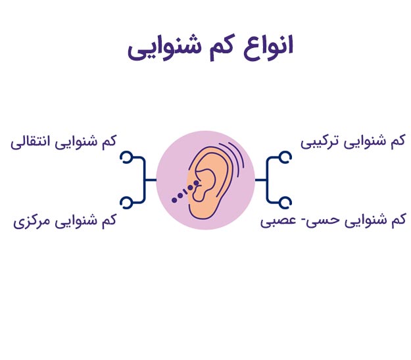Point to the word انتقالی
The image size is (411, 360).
(x=30, y=142)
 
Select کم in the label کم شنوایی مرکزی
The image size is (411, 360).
(x=109, y=219)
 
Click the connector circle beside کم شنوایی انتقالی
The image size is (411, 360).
(x=127, y=157)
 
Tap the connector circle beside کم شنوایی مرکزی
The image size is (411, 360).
(x=126, y=203)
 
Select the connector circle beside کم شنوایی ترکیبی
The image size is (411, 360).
(x=285, y=157)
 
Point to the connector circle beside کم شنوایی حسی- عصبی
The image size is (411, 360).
(x=285, y=203)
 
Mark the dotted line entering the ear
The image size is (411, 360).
(x=185, y=192)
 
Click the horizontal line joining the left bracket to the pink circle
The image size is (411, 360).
(x=150, y=180)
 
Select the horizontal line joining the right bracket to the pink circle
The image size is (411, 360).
(x=261, y=180)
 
